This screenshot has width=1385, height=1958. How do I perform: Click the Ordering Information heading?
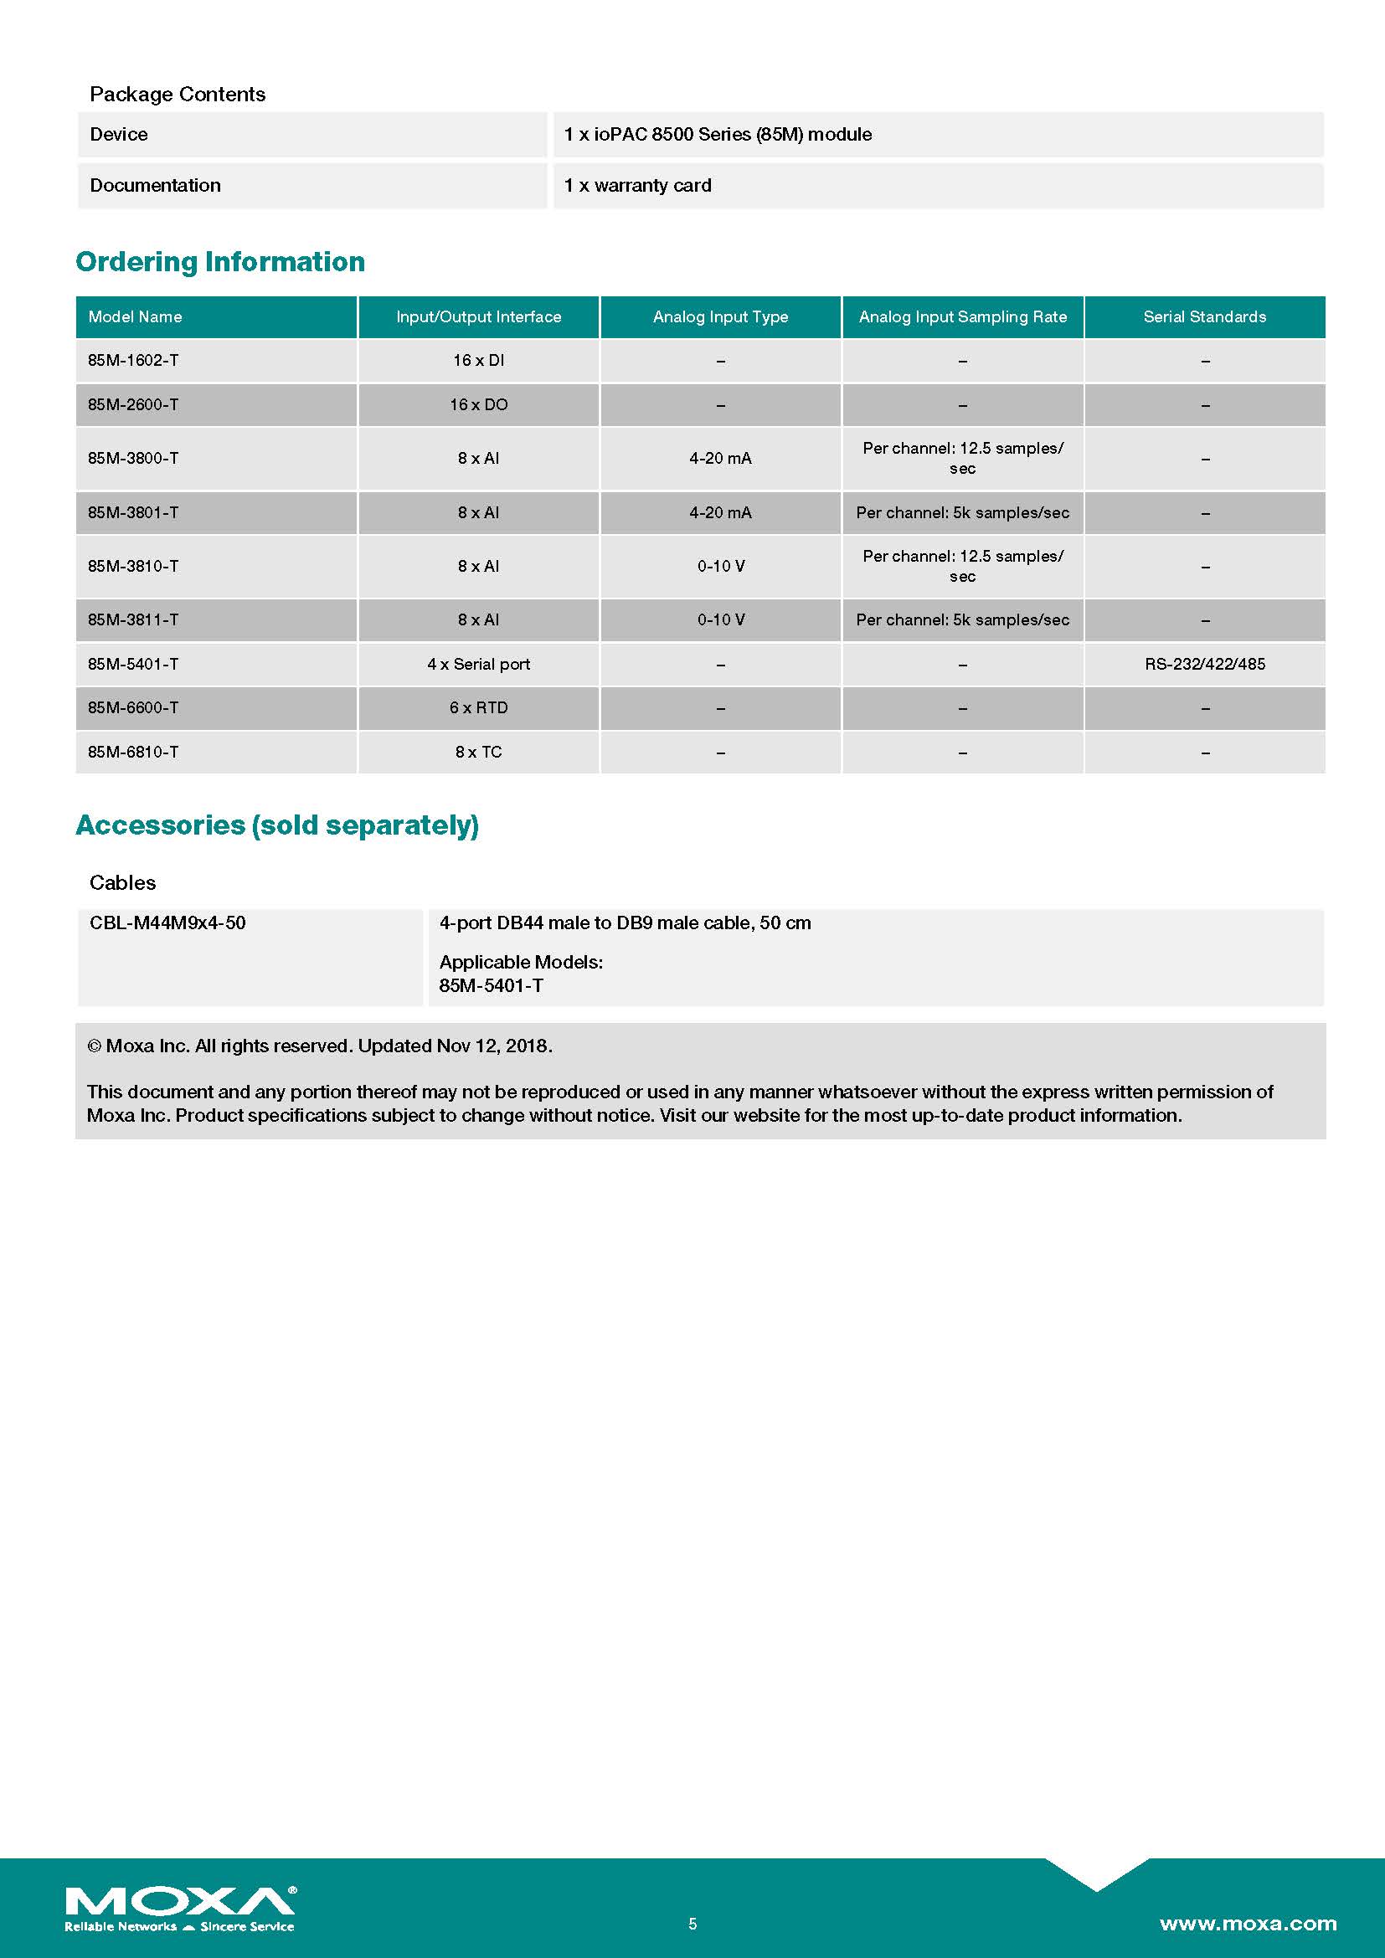[x=220, y=262]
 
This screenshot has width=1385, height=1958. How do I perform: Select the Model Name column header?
[x=135, y=317]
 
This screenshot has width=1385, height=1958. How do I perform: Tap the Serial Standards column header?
[x=1204, y=317]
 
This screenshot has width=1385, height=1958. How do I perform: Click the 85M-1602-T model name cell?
[x=133, y=361]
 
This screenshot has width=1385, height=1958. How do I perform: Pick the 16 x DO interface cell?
[x=478, y=405]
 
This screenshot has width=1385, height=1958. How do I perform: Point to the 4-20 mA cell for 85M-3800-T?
[x=721, y=459]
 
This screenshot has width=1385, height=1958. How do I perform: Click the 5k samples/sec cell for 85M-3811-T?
[x=962, y=620]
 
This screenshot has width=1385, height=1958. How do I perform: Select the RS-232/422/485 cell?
[x=1204, y=665]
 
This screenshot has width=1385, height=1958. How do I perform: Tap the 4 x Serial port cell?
[x=478, y=665]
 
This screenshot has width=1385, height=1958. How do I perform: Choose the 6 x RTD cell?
[x=478, y=708]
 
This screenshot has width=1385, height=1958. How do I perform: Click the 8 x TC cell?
[x=478, y=753]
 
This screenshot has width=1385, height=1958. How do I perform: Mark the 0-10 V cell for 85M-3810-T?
[x=721, y=566]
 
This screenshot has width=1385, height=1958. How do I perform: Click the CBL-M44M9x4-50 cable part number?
[x=167, y=922]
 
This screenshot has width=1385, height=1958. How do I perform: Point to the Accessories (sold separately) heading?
[x=277, y=825]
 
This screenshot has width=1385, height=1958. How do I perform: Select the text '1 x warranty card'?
[x=637, y=186]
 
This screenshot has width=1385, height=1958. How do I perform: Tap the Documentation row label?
[x=155, y=186]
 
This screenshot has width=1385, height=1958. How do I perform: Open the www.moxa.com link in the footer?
[x=1248, y=1923]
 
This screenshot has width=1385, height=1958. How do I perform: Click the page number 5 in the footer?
[x=692, y=1924]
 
